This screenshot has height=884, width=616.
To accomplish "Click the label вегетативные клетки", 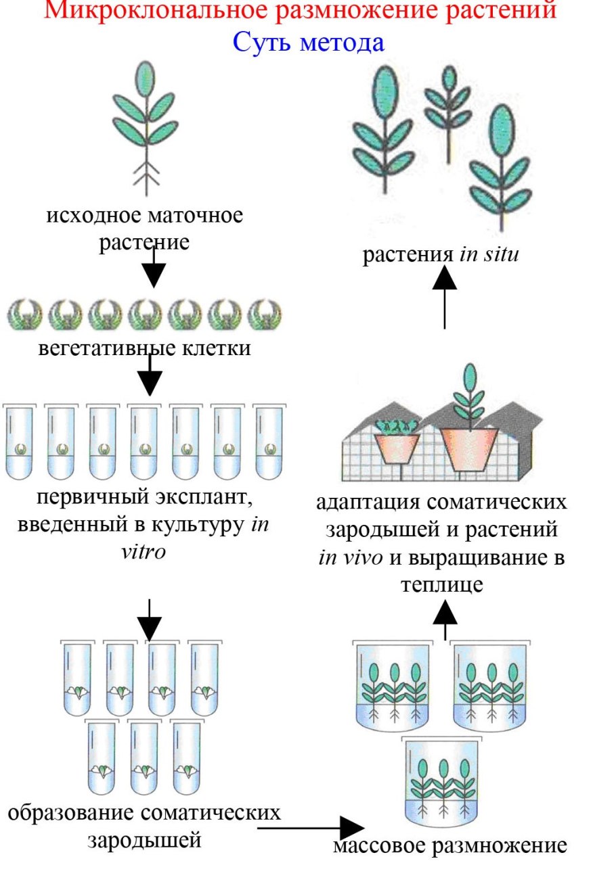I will pos(144,349).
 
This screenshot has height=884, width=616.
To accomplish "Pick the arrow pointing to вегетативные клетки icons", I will pos(154,268).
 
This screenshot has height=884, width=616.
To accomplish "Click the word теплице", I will pos(441,584).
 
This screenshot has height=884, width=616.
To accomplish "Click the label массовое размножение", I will pos(449,846).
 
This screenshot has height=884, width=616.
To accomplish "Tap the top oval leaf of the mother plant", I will pos(144,78).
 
